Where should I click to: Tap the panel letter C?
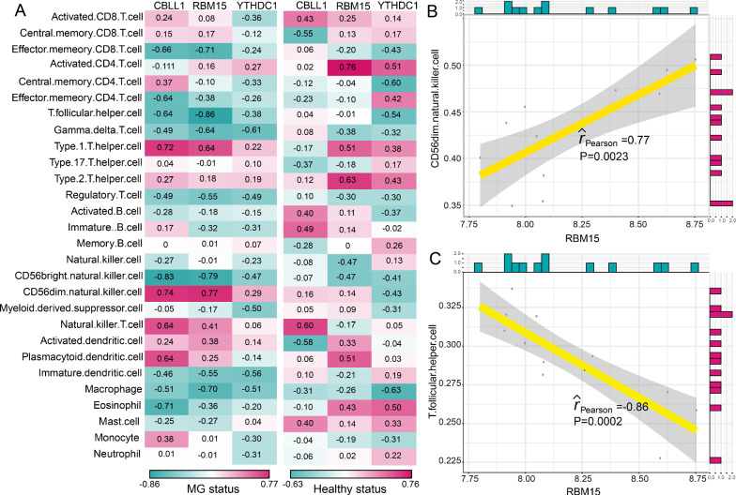(436, 258)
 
